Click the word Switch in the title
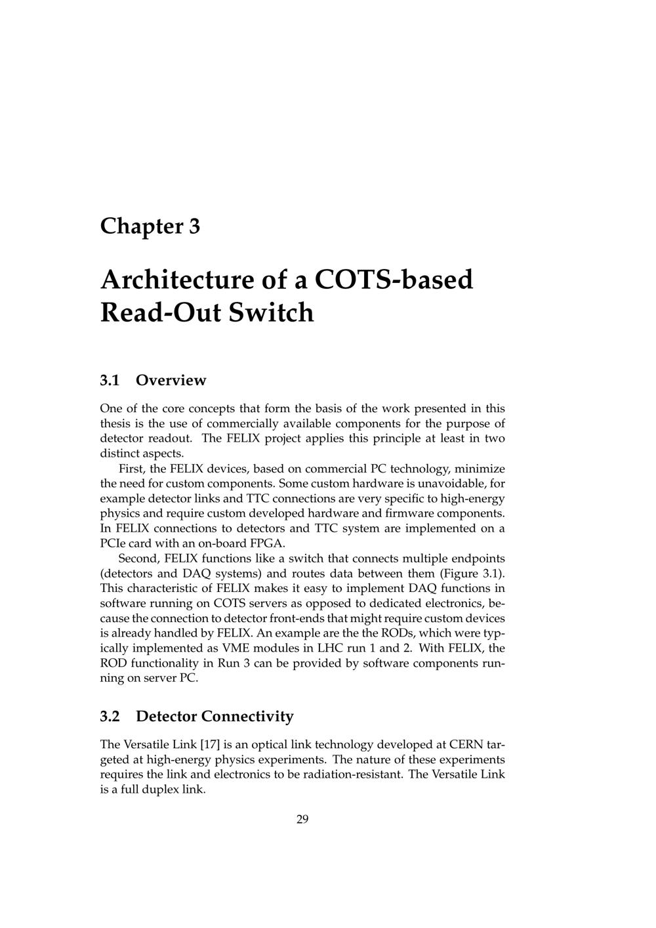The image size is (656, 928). pos(271,312)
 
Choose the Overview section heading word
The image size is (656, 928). pos(171,381)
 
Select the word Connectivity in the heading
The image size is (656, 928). pos(247,716)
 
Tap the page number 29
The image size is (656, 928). pos(302,819)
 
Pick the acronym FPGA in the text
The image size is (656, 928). pos(268,543)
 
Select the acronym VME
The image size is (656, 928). pos(247,648)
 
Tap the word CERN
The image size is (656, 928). pos(466,745)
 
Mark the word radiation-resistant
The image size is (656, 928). pos(355,774)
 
